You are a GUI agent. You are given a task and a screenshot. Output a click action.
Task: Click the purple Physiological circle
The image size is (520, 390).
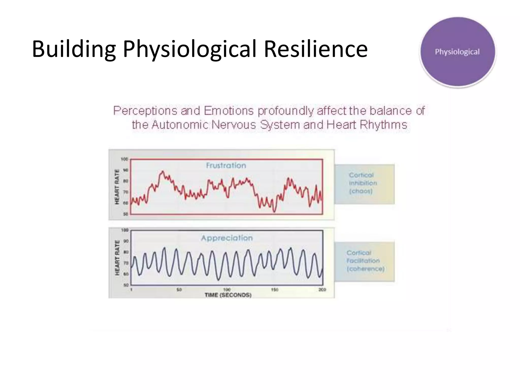point(457,52)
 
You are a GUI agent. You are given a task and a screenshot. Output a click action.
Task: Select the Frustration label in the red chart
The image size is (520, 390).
point(226,166)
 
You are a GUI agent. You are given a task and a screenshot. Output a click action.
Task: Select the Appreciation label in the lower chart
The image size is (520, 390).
point(227,238)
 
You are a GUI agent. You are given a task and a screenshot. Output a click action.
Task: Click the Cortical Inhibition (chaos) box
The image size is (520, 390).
point(364,184)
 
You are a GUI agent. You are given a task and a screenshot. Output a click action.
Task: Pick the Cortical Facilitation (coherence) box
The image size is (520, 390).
point(364,262)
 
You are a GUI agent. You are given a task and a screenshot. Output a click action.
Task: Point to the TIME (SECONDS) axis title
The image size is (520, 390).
point(228,295)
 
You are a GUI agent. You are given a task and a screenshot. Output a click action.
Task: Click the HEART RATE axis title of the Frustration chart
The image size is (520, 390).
point(117,187)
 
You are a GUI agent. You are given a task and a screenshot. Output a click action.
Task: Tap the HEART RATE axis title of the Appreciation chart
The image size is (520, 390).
point(117,258)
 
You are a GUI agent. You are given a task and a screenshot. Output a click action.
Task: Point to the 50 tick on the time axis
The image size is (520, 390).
point(179,290)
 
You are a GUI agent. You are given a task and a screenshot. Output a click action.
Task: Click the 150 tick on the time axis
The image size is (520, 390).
point(274,290)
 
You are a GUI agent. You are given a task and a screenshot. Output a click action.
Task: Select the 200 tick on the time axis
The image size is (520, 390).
point(322,290)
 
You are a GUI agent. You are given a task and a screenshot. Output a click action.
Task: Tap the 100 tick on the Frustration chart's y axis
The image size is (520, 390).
point(124,159)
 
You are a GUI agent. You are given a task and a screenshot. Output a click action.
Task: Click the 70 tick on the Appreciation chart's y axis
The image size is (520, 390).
point(126,263)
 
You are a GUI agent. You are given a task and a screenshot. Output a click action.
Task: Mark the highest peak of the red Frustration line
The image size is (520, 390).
point(162,171)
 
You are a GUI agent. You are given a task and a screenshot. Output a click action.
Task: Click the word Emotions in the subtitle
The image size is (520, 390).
point(229,111)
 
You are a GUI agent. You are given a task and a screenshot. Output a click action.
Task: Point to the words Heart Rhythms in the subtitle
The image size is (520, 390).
point(366,125)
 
